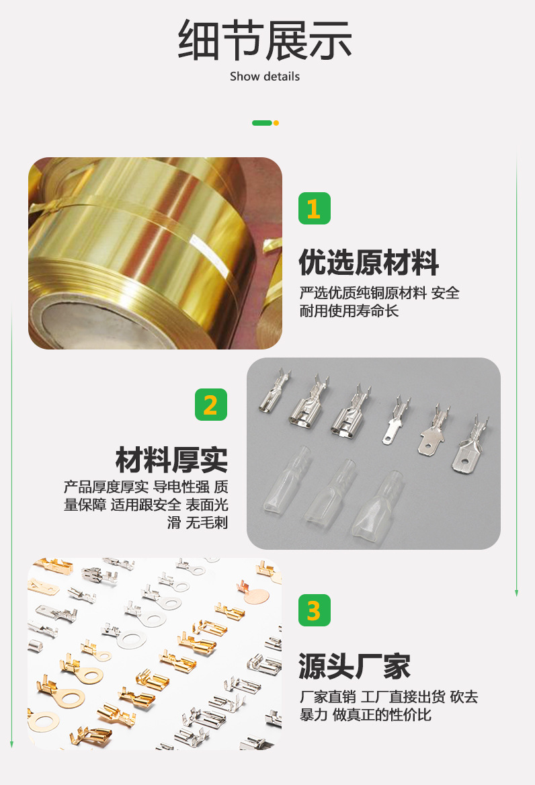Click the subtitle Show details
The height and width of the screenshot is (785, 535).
[x=265, y=77]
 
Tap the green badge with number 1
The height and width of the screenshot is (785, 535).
[x=314, y=208]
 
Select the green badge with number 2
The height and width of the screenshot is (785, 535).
[x=210, y=405]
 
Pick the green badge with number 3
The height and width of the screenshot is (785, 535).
[x=314, y=610]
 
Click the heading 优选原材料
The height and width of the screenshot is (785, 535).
[x=368, y=262]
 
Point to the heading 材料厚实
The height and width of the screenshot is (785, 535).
[x=171, y=460]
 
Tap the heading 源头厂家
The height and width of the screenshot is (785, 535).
[x=354, y=665]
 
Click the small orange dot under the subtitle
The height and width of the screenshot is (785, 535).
[x=276, y=123]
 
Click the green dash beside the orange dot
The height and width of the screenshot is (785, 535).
[x=261, y=123]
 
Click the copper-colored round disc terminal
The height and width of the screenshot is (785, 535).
[x=257, y=595]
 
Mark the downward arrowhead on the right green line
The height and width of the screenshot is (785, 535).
[x=516, y=592]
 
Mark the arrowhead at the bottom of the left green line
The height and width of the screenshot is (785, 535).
[x=11, y=743]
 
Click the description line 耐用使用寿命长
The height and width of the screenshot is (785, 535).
[x=349, y=311]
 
